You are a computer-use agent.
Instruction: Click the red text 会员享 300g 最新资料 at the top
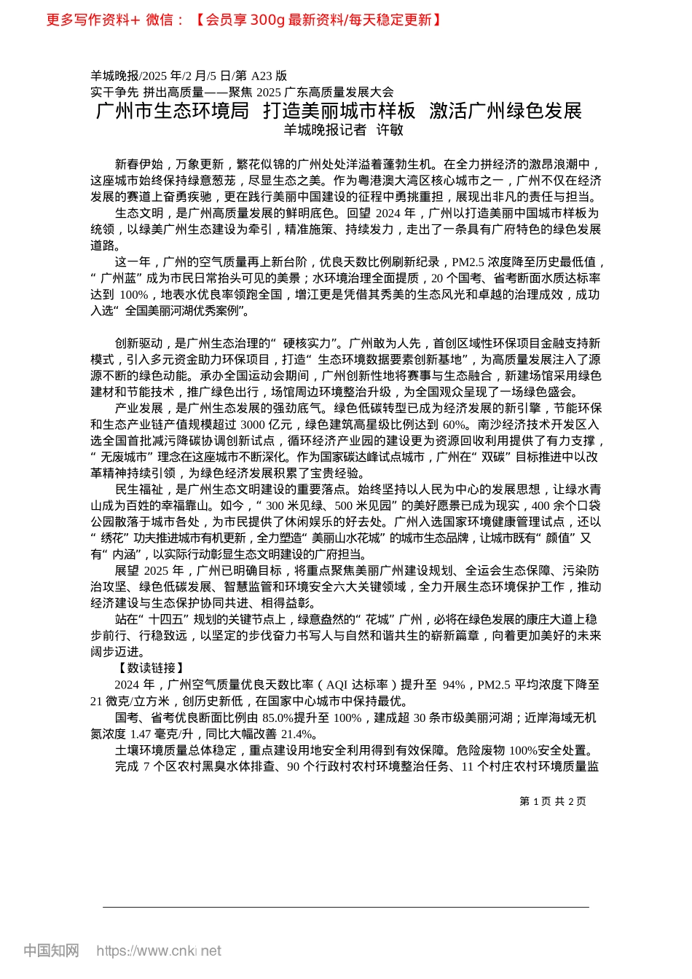coord(278,20)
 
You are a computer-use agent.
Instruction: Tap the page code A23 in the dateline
coord(261,76)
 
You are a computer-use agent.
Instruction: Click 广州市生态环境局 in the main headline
coord(173,111)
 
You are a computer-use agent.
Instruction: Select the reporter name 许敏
coord(390,130)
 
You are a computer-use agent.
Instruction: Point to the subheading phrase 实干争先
coord(114,92)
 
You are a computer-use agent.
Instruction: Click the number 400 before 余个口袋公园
coord(540,506)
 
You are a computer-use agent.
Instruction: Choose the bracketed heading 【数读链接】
coord(151,668)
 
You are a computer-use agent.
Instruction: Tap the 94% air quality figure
coord(454,685)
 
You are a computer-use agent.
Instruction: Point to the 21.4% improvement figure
coord(298,734)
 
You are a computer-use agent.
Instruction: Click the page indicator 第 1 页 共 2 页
coord(553,801)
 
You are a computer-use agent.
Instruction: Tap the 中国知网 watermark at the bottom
coord(51,951)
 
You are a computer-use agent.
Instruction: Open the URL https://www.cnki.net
coord(159,951)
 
